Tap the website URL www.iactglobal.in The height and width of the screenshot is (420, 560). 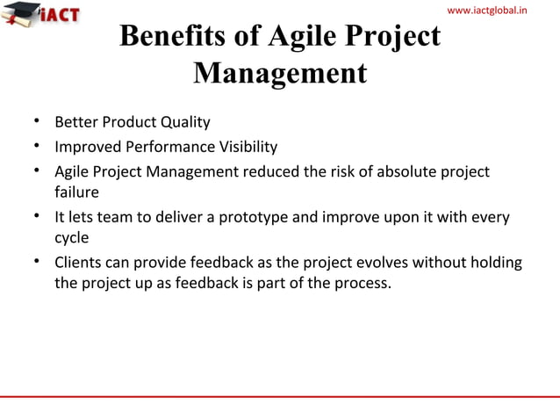click(x=499, y=11)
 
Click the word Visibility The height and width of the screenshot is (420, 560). click(x=246, y=147)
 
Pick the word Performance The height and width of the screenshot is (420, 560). click(x=164, y=147)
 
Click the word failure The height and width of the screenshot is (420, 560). click(x=76, y=192)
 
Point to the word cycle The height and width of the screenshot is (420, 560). click(x=72, y=238)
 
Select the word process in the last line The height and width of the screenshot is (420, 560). click(x=362, y=284)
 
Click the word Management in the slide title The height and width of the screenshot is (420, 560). click(x=279, y=73)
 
